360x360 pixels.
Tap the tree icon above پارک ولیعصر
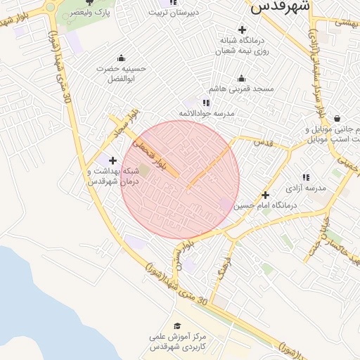pos(89,2)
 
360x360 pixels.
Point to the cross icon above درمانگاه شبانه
pos(243,30)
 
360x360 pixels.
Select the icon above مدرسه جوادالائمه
pos(206,103)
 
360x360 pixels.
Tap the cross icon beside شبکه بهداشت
pos(112,160)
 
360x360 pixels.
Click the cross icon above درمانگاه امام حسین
pos(265,194)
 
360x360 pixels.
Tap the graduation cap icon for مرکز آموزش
pos(177,325)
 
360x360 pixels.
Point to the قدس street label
pos(262,143)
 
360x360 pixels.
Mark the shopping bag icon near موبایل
pos(338,118)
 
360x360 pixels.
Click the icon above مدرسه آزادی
pos(306,178)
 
